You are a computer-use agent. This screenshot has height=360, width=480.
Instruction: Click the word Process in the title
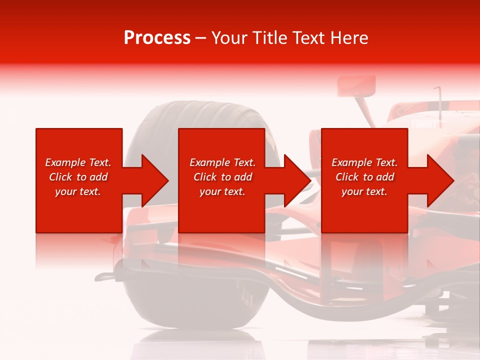click(157, 38)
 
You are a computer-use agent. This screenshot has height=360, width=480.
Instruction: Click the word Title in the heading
click(268, 38)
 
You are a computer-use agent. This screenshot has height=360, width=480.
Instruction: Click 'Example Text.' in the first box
click(78, 162)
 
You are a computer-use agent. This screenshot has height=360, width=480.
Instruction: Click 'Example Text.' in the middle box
click(222, 162)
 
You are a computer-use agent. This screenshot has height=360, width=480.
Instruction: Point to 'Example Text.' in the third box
click(364, 162)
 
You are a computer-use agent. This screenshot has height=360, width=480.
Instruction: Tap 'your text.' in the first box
click(78, 191)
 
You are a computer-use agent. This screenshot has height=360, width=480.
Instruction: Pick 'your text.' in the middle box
click(222, 191)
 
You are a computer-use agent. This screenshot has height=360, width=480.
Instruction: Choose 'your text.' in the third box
click(364, 191)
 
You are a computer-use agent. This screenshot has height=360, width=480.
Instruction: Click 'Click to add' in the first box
click(78, 177)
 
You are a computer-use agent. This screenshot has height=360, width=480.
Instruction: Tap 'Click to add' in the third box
click(364, 177)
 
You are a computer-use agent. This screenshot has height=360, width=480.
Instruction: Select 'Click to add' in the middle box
click(222, 177)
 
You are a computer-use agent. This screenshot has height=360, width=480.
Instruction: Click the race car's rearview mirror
click(356, 85)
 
